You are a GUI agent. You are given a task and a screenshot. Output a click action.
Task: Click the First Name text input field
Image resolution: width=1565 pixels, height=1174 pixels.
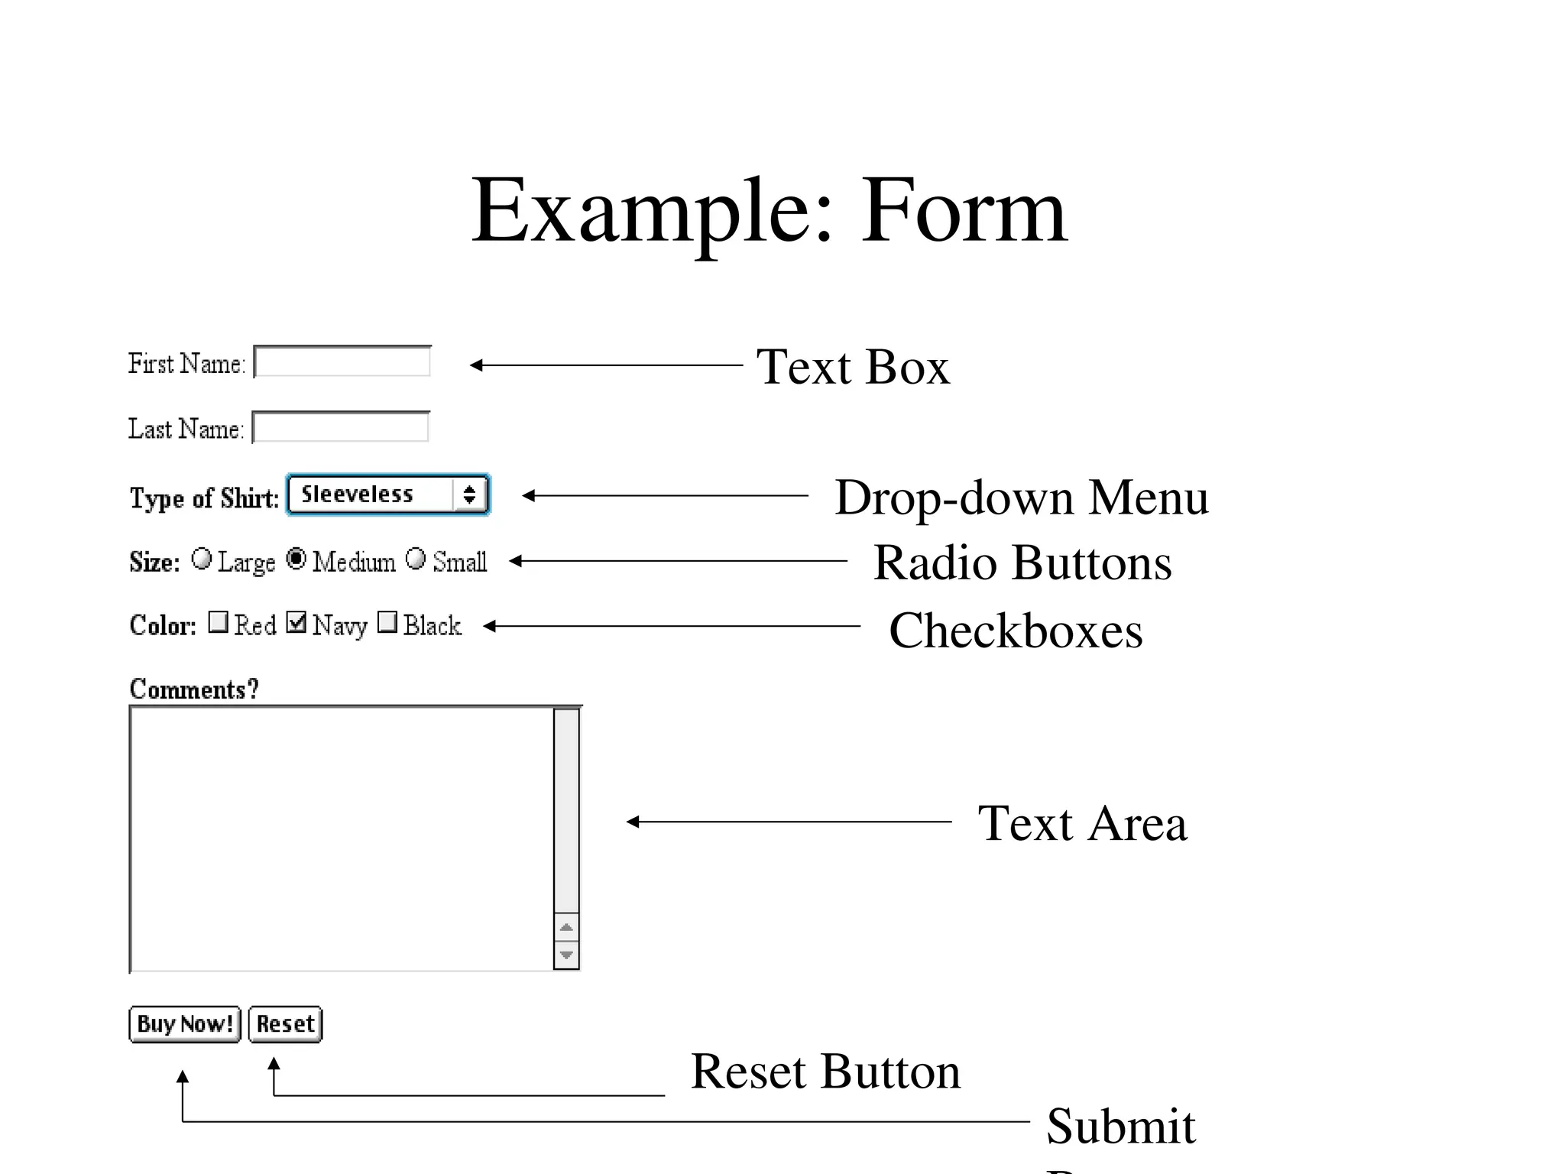click(x=342, y=362)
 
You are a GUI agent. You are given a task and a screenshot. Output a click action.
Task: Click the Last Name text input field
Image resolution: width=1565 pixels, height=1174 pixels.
click(x=341, y=427)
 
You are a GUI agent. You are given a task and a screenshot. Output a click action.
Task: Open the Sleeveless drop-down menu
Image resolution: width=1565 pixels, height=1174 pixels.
click(x=388, y=495)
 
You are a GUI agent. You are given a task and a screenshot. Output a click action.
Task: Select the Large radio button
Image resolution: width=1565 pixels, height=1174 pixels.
click(x=202, y=559)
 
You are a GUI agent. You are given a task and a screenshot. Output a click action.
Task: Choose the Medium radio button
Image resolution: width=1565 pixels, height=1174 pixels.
click(x=296, y=559)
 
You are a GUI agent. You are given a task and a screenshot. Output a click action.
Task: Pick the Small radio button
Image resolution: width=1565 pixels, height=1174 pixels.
click(x=416, y=559)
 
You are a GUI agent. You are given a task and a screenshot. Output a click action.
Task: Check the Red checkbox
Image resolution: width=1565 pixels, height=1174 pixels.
click(x=219, y=622)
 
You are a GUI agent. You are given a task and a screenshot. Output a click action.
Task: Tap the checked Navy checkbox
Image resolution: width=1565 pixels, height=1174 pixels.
click(x=296, y=622)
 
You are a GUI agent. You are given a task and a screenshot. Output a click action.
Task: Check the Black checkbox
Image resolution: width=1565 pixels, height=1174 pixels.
click(x=388, y=622)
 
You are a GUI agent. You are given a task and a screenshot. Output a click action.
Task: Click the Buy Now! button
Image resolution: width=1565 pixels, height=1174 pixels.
click(x=185, y=1024)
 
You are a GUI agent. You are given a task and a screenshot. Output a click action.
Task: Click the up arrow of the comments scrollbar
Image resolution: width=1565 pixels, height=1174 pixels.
click(x=566, y=928)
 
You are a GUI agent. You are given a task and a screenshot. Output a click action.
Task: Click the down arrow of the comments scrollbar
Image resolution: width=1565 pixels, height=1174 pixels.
click(x=566, y=955)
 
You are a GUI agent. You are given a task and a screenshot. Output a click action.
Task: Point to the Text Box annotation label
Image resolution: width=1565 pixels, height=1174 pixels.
click(x=853, y=367)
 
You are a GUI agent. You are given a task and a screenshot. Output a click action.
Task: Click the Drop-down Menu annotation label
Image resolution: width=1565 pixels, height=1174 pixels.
click(x=1021, y=498)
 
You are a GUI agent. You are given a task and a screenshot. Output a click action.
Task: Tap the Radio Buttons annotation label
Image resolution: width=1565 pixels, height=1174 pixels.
click(x=1022, y=563)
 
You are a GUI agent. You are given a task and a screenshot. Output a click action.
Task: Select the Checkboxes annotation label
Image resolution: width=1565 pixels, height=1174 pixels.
click(x=1016, y=631)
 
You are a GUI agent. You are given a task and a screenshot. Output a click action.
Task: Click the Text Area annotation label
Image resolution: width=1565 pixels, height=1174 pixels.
click(x=1082, y=823)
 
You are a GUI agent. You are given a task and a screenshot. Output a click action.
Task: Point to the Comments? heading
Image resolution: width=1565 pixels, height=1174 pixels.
click(x=194, y=689)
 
